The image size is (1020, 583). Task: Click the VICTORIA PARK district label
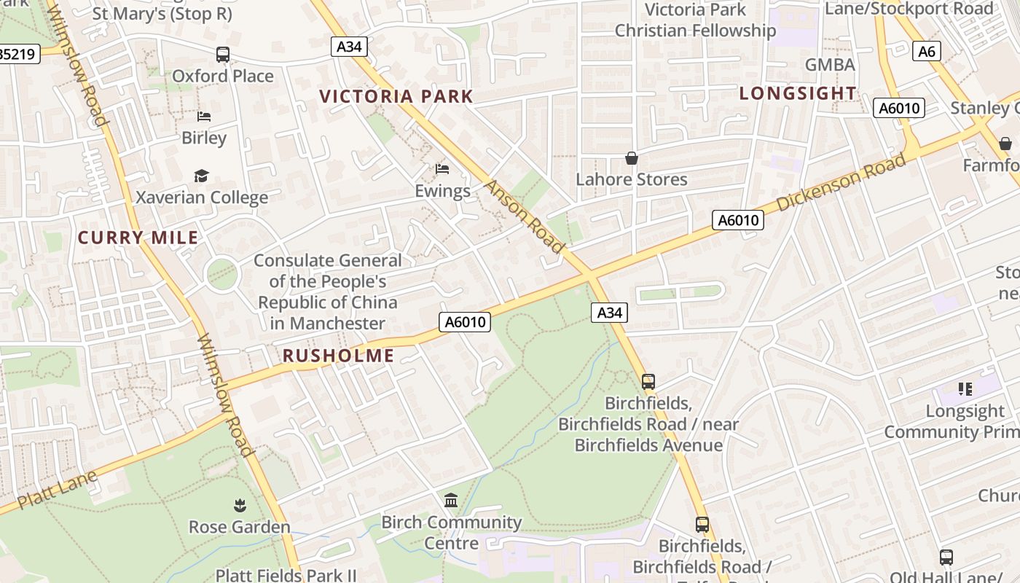pos(396,96)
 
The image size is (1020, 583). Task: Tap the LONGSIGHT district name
pos(798,93)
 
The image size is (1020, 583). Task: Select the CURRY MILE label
pos(138,238)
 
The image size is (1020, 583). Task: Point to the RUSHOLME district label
pos(338,356)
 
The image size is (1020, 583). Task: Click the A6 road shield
pos(926,51)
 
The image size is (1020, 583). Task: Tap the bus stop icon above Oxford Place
pos(222,55)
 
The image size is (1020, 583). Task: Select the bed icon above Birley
pos(204,117)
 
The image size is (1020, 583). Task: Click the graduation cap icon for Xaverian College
pos(201,176)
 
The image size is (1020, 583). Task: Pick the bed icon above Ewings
pos(442,169)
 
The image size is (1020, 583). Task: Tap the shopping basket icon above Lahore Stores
pos(632,158)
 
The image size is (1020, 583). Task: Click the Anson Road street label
pos(525,216)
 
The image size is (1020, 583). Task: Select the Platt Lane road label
pos(57,490)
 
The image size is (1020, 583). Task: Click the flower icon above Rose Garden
pos(239,505)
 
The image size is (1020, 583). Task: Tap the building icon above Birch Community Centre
pos(451,501)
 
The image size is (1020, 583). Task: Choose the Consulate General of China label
pos(327,291)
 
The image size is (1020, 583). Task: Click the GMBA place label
pos(830,65)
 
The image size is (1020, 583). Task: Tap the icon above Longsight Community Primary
pos(965,389)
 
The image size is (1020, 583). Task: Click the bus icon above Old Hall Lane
pos(946,557)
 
